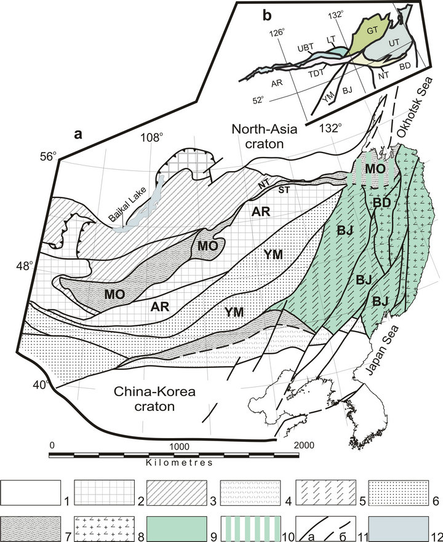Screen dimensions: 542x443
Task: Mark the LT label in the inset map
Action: (331, 40)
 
